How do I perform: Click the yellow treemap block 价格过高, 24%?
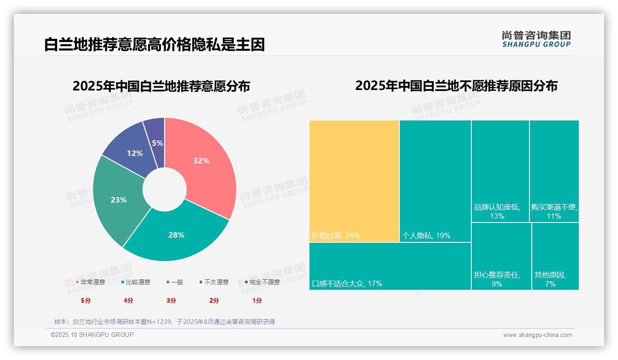354,180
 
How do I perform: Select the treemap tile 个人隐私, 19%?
435,180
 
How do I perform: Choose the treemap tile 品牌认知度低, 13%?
500,171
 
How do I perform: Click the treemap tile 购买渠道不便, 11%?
554,171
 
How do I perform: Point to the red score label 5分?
86,300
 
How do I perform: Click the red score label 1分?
257,300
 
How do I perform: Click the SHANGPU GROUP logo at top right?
536,39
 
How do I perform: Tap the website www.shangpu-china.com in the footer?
537,335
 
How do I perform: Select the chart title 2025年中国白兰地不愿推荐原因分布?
456,86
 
